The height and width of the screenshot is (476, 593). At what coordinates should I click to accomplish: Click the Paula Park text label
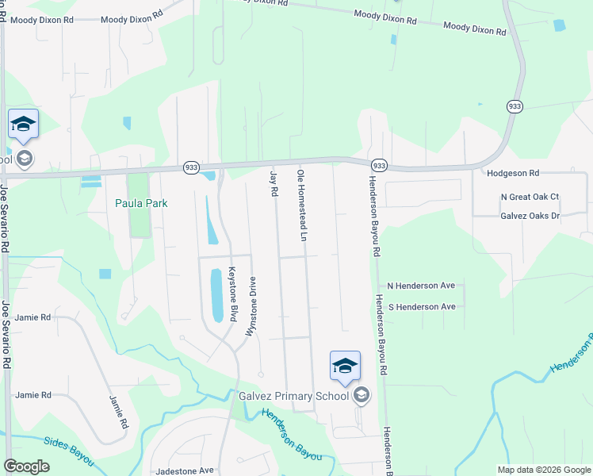141,203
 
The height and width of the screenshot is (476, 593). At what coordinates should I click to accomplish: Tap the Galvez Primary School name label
293,396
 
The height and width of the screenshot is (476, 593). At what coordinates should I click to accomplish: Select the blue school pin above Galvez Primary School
345,366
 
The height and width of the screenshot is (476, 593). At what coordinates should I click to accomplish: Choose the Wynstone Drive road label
252,307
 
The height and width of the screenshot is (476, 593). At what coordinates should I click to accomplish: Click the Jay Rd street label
274,183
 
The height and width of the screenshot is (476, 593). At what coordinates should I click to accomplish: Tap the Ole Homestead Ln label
301,204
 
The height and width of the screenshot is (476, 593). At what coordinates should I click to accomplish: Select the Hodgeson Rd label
513,172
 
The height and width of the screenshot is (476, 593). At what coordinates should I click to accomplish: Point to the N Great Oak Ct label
530,197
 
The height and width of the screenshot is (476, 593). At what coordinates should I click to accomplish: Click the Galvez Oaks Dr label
530,216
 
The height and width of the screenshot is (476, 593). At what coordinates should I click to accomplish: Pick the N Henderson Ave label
420,286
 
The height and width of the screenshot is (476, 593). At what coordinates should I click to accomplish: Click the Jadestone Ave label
185,470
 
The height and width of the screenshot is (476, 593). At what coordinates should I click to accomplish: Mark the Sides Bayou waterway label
69,450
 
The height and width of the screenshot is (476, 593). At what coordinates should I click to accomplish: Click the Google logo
27,466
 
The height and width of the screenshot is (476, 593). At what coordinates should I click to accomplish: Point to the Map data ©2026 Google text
542,470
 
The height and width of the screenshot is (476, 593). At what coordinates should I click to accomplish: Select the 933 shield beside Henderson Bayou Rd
379,165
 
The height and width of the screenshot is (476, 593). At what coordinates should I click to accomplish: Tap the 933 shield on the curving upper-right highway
514,106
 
